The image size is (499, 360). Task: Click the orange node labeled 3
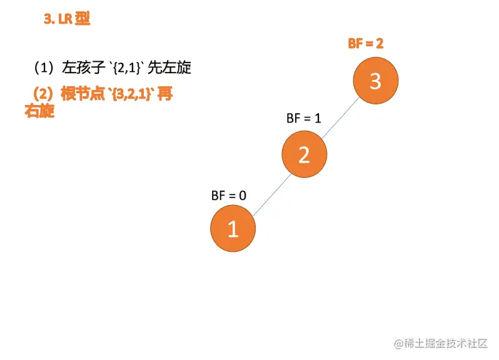click(x=375, y=82)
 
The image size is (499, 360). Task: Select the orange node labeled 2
click(x=304, y=155)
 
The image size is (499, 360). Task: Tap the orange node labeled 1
click(x=233, y=229)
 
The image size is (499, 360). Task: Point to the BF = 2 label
click(x=365, y=44)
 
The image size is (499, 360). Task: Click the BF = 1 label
click(x=303, y=118)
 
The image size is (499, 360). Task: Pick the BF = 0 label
click(x=229, y=195)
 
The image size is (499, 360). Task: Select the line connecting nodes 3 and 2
click(x=340, y=118)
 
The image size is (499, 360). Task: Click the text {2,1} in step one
click(x=126, y=67)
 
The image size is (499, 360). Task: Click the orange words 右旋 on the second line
click(x=39, y=111)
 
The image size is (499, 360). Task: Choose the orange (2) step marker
click(x=43, y=94)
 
